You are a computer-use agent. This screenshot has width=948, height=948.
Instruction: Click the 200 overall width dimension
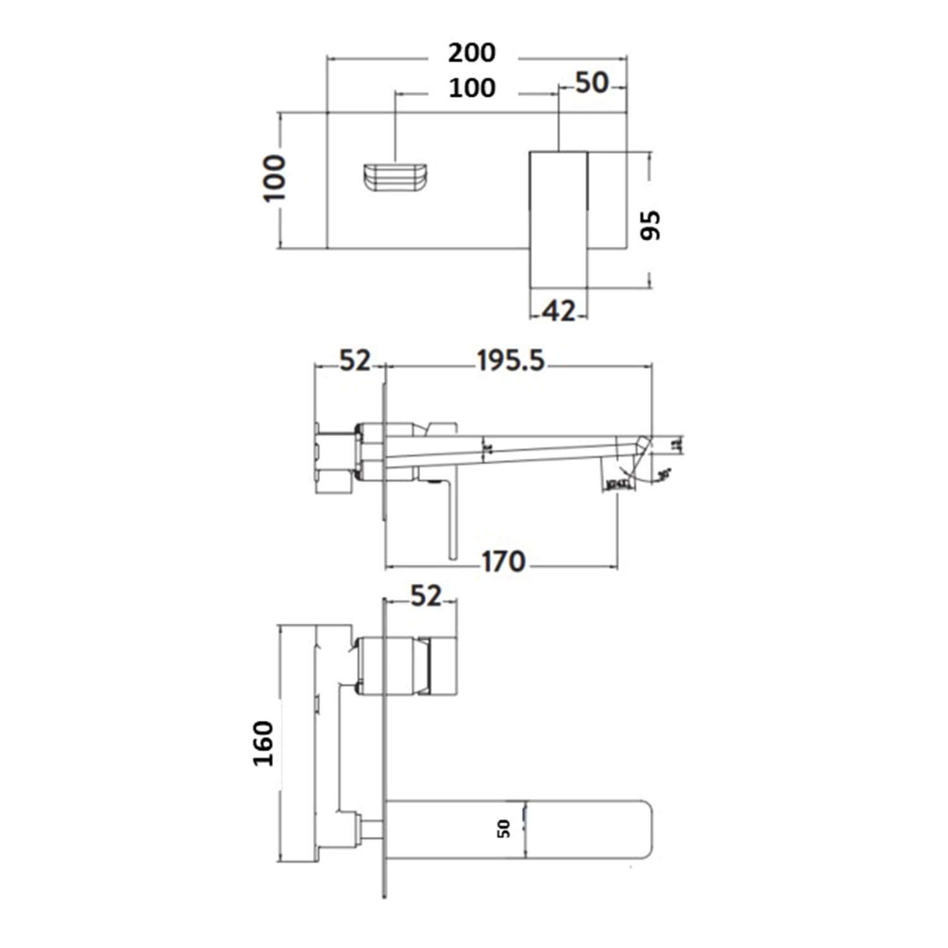coord(471,53)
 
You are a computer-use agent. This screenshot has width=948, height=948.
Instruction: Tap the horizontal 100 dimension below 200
coord(471,88)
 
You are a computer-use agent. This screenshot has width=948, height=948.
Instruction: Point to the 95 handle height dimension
coord(650,225)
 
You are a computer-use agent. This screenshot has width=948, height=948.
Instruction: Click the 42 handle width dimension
coord(559,312)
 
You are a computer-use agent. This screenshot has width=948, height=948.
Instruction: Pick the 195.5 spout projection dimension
coord(511,361)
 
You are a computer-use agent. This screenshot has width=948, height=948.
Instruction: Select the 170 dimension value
coord(504,562)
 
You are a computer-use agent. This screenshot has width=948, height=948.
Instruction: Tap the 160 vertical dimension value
coord(264,743)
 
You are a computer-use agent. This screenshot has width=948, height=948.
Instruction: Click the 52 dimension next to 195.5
coord(355,361)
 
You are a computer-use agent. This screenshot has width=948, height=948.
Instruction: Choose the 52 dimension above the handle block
coord(425,596)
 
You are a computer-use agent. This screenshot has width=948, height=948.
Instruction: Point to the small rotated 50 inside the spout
coord(504,829)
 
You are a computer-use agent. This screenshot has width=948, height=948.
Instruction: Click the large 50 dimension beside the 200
coord(592,83)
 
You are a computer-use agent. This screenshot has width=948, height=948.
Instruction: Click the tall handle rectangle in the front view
coord(559,219)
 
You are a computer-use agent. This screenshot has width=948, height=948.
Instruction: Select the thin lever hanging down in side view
coord(452,518)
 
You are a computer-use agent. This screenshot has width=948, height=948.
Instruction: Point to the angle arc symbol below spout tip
coord(632,475)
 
